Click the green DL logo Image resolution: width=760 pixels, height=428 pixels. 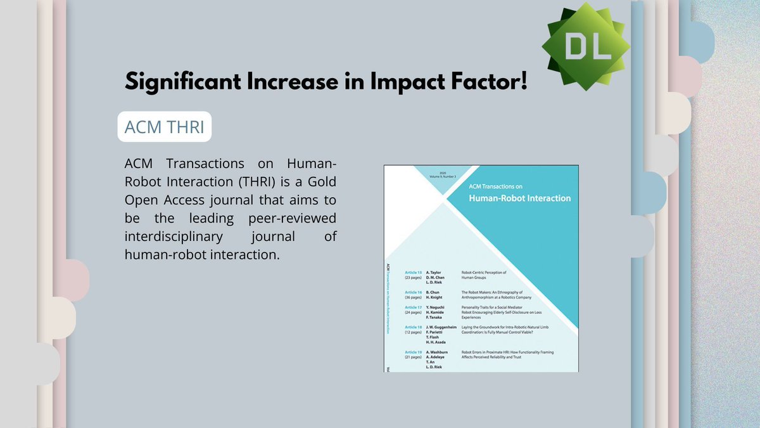click(x=585, y=46)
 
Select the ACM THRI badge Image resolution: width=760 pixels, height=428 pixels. click(x=164, y=127)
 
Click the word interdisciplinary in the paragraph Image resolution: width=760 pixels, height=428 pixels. click(x=179, y=237)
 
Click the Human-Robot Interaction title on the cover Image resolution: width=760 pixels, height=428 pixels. click(x=519, y=198)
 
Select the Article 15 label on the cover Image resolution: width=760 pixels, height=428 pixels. click(x=414, y=272)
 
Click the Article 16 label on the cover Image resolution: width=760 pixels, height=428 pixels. click(x=414, y=292)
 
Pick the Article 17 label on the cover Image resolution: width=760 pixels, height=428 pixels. click(x=414, y=308)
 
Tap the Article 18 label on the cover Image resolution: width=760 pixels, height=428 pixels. click(x=414, y=327)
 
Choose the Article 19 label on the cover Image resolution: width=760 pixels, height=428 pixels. click(x=414, y=351)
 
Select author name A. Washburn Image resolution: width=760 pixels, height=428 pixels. click(x=438, y=351)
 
